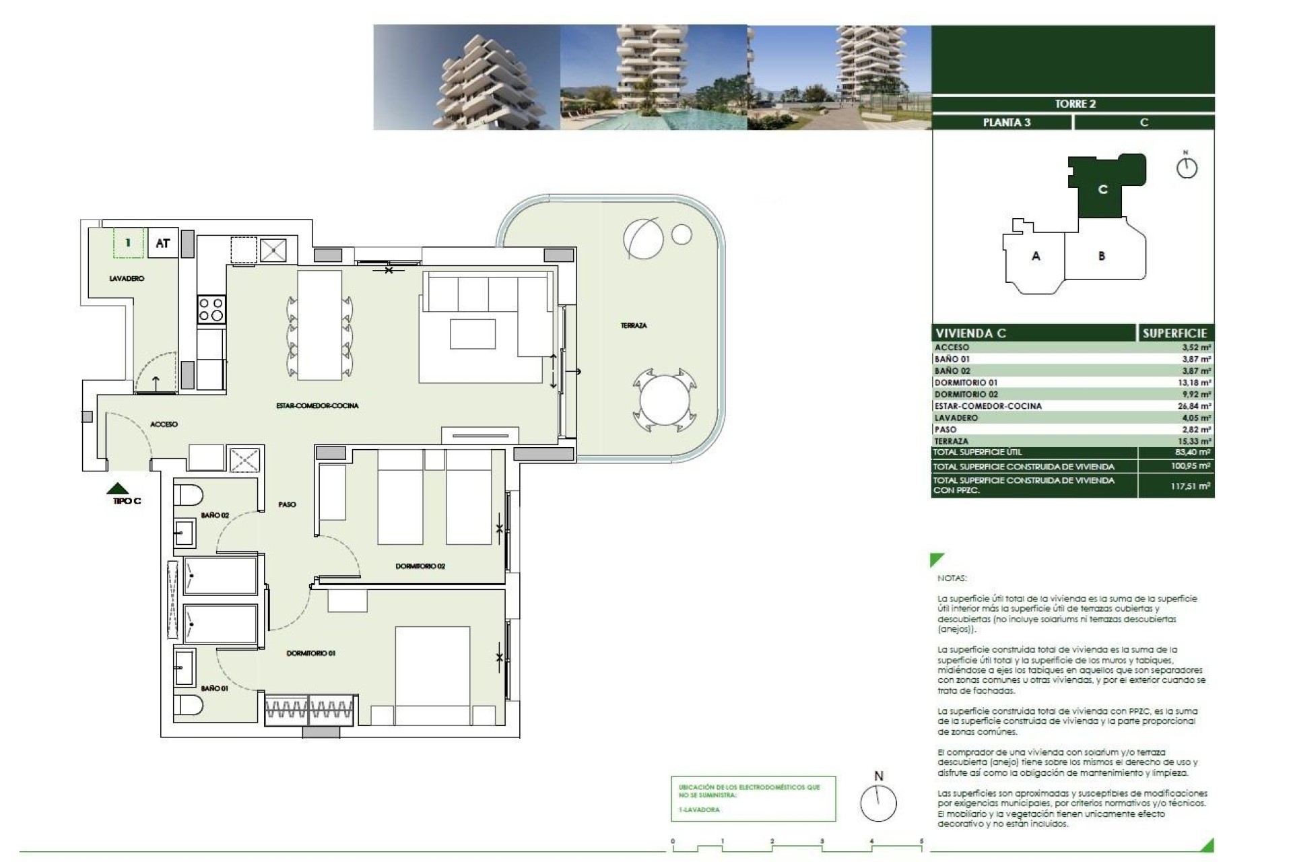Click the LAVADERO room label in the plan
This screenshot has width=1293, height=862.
(x=127, y=278)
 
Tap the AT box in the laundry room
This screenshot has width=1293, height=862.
(x=163, y=243)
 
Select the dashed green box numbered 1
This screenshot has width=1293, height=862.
(x=129, y=243)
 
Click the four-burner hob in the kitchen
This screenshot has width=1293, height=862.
(x=211, y=310)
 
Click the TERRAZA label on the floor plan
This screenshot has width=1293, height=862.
(x=633, y=325)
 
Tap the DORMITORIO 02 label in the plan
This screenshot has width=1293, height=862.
(x=420, y=566)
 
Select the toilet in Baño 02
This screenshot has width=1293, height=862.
(x=189, y=495)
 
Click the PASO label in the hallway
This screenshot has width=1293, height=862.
(x=287, y=504)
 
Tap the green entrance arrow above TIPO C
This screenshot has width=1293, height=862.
(x=118, y=488)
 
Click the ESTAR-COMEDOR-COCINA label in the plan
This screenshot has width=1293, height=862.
(x=317, y=405)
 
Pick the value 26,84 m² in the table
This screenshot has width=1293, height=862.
(x=1196, y=406)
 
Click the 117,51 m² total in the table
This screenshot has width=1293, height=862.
(x=1190, y=486)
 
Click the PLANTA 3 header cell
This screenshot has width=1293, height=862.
(x=1006, y=123)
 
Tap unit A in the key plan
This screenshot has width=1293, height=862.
(x=1036, y=256)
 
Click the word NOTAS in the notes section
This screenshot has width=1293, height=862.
(x=952, y=578)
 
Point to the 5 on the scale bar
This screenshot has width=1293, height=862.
(x=921, y=841)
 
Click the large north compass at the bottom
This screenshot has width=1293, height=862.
(x=879, y=803)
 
